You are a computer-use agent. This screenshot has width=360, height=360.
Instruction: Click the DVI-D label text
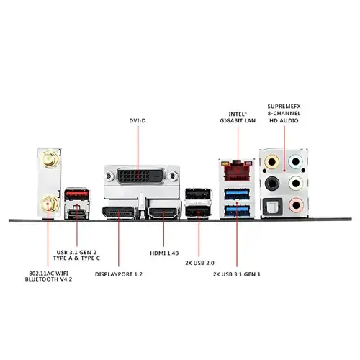point(138,120)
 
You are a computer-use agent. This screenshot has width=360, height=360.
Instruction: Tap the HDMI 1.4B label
point(164,253)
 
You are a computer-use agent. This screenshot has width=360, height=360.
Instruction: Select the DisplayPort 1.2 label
point(119,274)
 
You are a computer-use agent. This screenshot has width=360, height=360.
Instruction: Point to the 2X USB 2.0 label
point(199,263)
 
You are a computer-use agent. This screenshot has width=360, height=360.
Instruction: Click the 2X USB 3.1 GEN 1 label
point(237,274)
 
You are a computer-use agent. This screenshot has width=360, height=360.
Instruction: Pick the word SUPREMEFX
point(284,107)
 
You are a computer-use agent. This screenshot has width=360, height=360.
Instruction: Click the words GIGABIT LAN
point(238,120)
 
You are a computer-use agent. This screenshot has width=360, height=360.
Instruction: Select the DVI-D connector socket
point(141,176)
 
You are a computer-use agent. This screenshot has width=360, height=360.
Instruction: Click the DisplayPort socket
point(119,213)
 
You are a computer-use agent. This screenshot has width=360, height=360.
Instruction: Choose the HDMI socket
point(163,213)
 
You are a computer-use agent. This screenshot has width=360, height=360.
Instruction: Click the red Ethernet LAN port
point(237,171)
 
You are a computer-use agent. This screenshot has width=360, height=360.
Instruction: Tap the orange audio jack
point(271,162)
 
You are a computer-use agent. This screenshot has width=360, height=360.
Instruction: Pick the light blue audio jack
point(296,161)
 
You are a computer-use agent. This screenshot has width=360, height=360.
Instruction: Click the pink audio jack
point(297,205)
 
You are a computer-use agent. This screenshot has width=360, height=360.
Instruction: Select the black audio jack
point(272,184)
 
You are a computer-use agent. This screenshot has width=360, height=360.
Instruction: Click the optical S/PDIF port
point(272,206)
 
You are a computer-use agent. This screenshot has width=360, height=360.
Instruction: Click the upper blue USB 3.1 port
point(237,194)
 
